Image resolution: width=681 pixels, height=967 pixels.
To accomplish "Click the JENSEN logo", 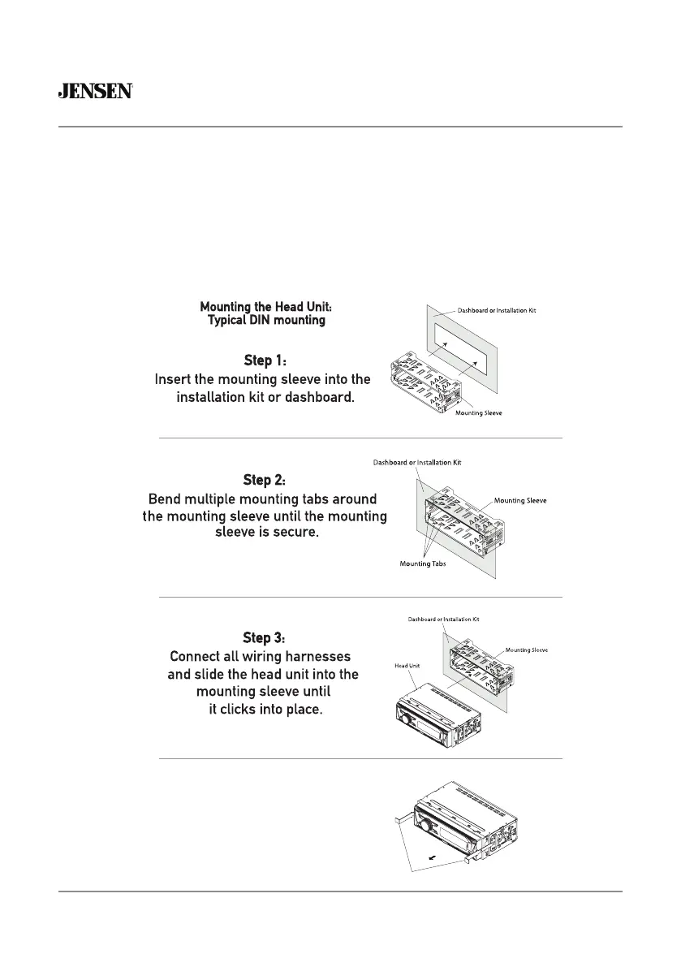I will [95, 92].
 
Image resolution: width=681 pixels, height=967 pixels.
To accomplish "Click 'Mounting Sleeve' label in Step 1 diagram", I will [478, 413].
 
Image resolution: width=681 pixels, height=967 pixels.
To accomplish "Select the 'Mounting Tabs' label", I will [423, 563].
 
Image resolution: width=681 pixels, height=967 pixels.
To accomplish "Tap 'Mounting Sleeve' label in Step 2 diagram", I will [520, 501].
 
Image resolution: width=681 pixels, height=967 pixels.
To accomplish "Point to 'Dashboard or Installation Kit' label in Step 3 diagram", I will [444, 619].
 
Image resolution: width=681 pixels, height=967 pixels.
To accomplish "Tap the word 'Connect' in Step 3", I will [196, 656].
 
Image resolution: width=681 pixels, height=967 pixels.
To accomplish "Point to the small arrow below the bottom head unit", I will [439, 856].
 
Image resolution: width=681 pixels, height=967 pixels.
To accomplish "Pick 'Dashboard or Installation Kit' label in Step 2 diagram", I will [417, 463].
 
